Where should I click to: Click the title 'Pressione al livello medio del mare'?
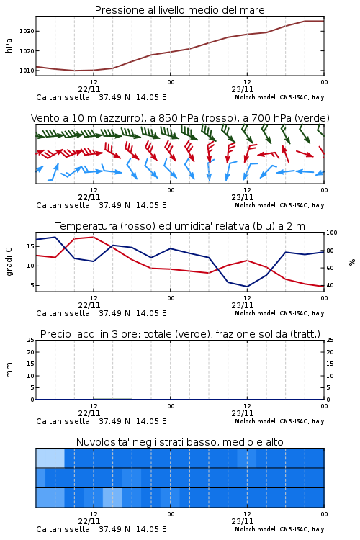pyautogui.click(x=179, y=10)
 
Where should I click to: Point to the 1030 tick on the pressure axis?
pyautogui.click(x=27, y=31)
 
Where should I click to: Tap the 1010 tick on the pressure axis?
pyautogui.click(x=27, y=71)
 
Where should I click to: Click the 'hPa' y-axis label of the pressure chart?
pyautogui.click(x=9, y=45)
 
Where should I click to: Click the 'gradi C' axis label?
pyautogui.click(x=9, y=261)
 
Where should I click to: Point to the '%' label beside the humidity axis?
pyautogui.click(x=352, y=262)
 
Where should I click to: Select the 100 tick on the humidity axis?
pyautogui.click(x=332, y=233)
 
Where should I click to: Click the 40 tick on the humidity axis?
pyautogui.click(x=330, y=285)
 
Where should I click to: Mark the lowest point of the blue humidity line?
pyautogui.click(x=247, y=287)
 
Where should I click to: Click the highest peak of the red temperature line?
pyautogui.click(x=94, y=237)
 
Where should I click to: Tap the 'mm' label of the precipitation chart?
pyautogui.click(x=9, y=370)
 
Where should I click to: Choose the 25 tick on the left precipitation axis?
pyautogui.click(x=31, y=340)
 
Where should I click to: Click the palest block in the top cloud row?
pyautogui.click(x=50, y=458)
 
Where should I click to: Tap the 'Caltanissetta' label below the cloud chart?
pyautogui.click(x=63, y=529)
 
